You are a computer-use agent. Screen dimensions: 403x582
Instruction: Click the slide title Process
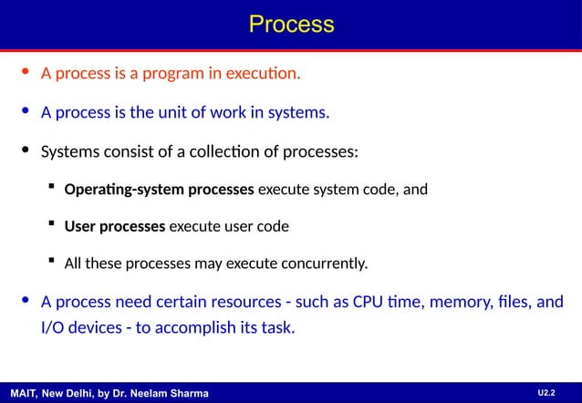tap(291, 23)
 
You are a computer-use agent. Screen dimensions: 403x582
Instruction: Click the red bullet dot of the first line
tap(26, 72)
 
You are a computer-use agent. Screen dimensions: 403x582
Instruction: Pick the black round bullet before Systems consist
tap(26, 150)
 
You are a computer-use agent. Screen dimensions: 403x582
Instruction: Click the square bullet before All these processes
tap(52, 263)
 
